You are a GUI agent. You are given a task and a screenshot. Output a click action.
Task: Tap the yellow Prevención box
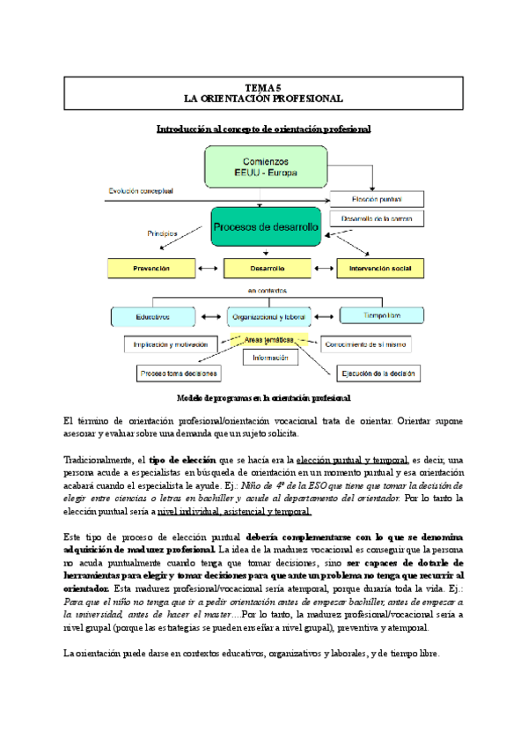tap(150, 266)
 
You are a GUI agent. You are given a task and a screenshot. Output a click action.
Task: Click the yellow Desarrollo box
tap(266, 266)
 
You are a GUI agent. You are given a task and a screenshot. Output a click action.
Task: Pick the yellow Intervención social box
tap(380, 266)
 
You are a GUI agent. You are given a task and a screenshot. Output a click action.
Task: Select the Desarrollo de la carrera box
tap(376, 218)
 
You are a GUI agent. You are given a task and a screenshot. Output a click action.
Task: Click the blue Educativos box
tap(153, 315)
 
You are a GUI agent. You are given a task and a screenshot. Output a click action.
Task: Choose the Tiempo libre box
tap(382, 314)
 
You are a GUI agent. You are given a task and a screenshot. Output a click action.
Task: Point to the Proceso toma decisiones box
tap(179, 373)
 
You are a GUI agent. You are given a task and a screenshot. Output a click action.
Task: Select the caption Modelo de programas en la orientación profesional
tap(264, 397)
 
